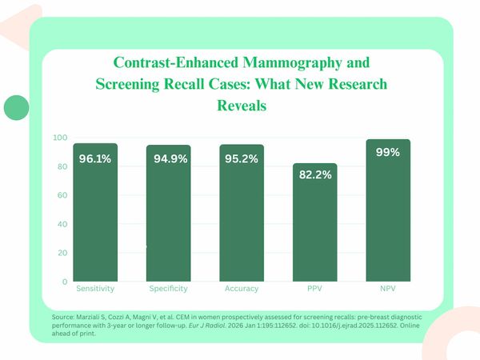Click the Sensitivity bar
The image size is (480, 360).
94,216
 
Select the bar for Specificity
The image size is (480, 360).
168,216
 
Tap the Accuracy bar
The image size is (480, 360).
242,216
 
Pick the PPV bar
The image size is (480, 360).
314,228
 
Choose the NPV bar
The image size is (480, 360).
388,216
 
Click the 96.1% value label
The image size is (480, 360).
94,159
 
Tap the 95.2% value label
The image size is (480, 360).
240,159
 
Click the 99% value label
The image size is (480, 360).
388,152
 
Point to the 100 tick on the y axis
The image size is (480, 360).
60,138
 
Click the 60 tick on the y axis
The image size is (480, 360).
62,195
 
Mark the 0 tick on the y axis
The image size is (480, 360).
65,282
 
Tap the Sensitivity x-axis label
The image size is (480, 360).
94,288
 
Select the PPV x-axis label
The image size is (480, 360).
314,288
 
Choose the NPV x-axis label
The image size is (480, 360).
388,288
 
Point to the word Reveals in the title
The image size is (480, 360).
241,105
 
